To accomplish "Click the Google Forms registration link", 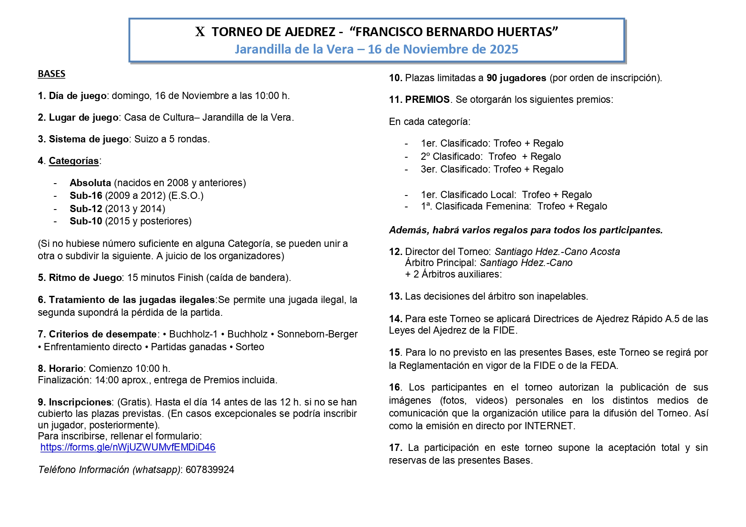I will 128,447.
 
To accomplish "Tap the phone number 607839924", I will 210,470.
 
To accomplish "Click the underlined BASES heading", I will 51,74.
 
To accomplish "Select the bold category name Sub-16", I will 86,195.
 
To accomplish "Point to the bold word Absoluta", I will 90,183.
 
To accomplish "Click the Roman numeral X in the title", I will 200,32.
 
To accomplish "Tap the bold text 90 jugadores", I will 516,78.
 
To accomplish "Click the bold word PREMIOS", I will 427,99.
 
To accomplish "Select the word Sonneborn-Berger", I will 317,334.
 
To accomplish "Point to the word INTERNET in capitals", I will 549,426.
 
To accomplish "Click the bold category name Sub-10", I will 86,221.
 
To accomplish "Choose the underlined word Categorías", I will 74,161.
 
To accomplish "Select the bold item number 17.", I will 395,448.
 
